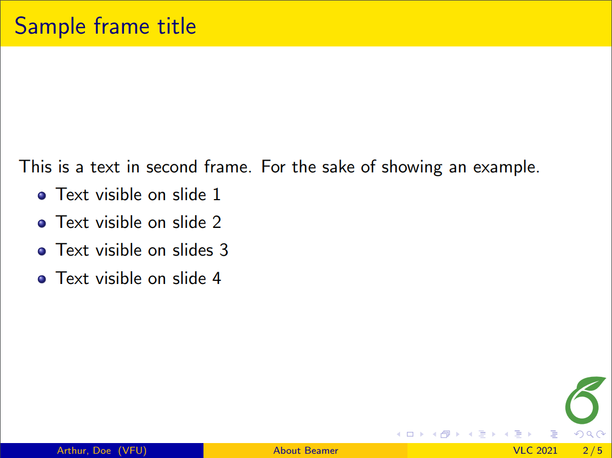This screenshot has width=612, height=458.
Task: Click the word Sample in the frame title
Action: pyautogui.click(x=50, y=27)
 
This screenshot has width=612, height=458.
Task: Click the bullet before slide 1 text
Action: pyautogui.click(x=42, y=195)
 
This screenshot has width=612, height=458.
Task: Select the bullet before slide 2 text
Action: pyautogui.click(x=42, y=223)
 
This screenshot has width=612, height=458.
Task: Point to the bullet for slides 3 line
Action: pyautogui.click(x=42, y=251)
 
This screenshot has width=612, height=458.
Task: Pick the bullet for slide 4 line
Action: pyautogui.click(x=42, y=279)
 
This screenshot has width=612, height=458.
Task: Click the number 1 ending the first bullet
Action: pyautogui.click(x=217, y=195)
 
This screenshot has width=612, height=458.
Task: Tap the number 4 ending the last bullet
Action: pyautogui.click(x=217, y=279)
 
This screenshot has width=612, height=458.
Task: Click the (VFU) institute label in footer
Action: pyautogui.click(x=132, y=451)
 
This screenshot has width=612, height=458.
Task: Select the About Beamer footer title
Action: pyautogui.click(x=305, y=451)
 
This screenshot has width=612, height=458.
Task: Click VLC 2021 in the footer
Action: pyautogui.click(x=535, y=451)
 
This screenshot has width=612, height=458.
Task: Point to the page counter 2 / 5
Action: pyautogui.click(x=592, y=451)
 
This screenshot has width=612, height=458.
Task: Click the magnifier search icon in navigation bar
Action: pyautogui.click(x=590, y=434)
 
